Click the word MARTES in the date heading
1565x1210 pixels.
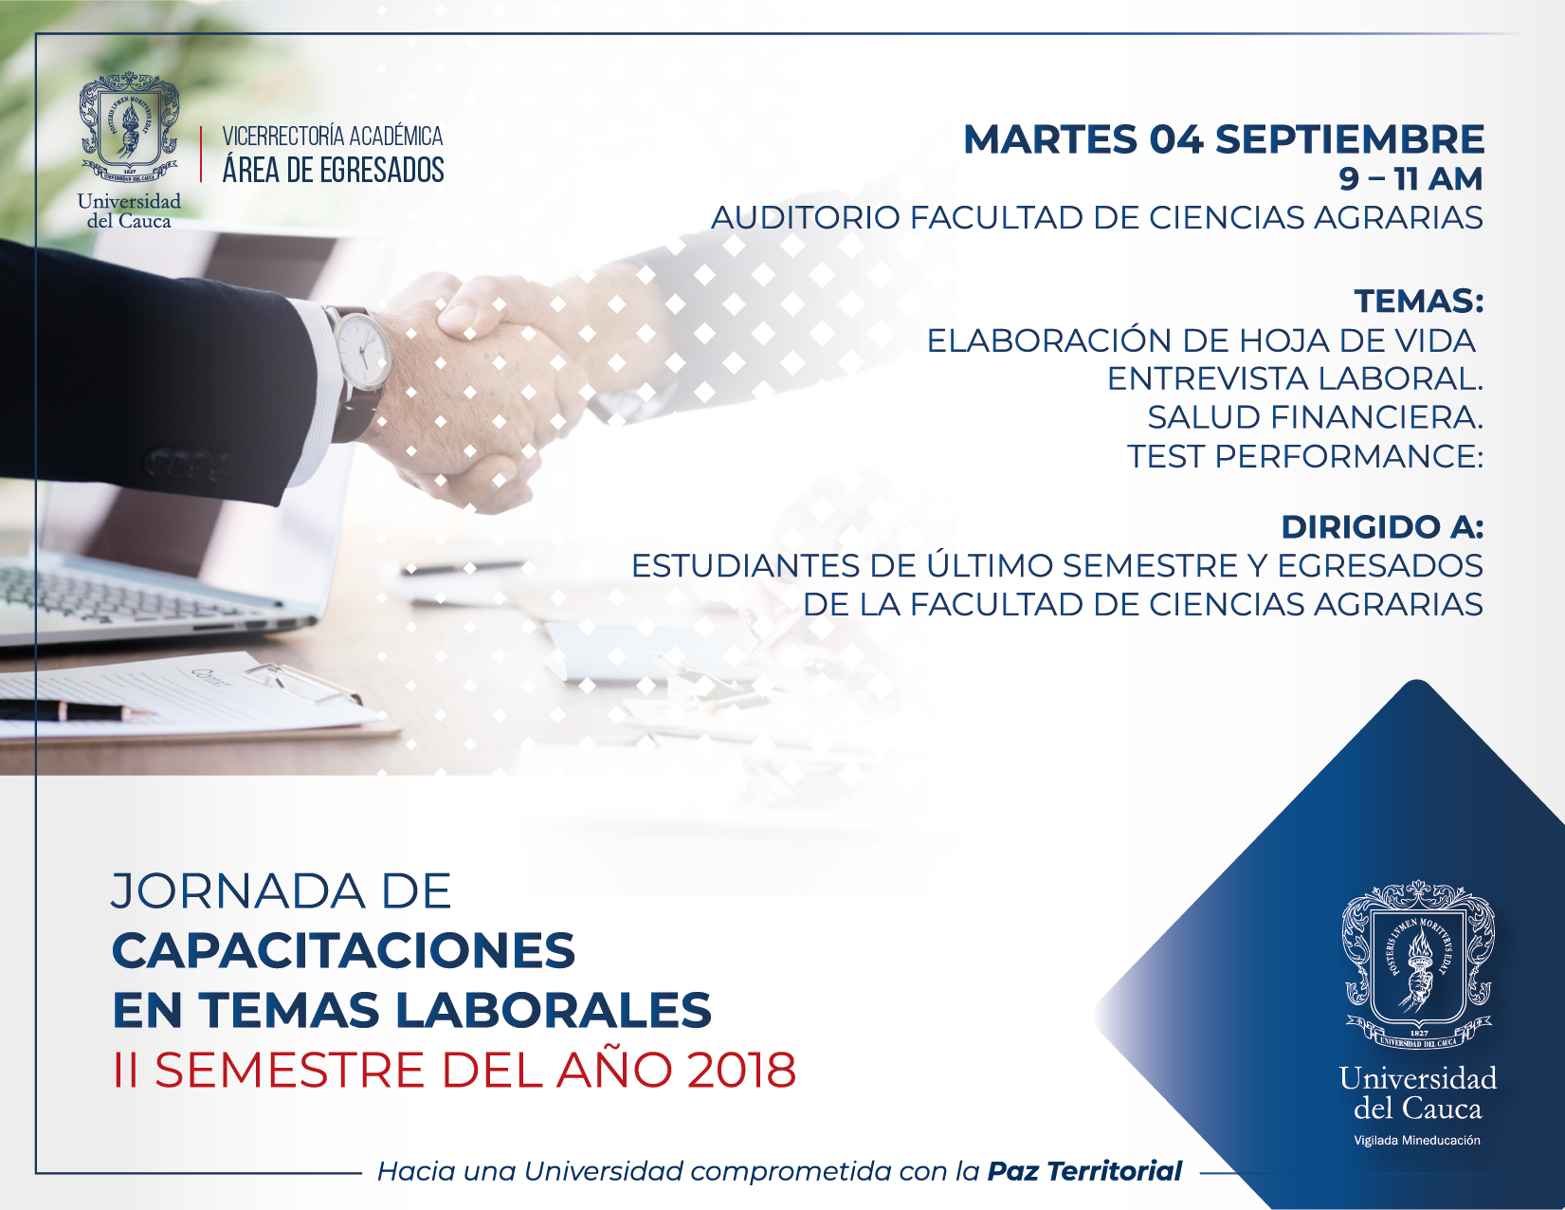coord(1051,139)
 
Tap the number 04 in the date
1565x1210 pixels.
coord(1176,139)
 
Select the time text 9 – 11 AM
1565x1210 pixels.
coord(1410,178)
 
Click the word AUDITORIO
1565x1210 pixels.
coord(805,217)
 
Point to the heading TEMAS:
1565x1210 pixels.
coord(1419,301)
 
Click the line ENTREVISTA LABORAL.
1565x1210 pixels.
coord(1295,379)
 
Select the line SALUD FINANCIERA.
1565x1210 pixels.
coord(1315,417)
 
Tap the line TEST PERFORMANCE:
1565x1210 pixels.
coord(1305,456)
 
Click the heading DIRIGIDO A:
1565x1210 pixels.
coord(1382,527)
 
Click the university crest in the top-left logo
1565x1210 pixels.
coord(129,127)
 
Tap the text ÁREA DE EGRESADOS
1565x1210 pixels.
coord(333,170)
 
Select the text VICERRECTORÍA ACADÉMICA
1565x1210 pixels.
coord(333,137)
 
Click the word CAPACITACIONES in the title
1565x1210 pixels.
coord(343,951)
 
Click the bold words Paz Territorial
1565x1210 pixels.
coord(1084,1172)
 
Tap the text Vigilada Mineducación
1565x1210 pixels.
coord(1417,1140)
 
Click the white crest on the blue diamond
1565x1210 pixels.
coord(1418,962)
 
